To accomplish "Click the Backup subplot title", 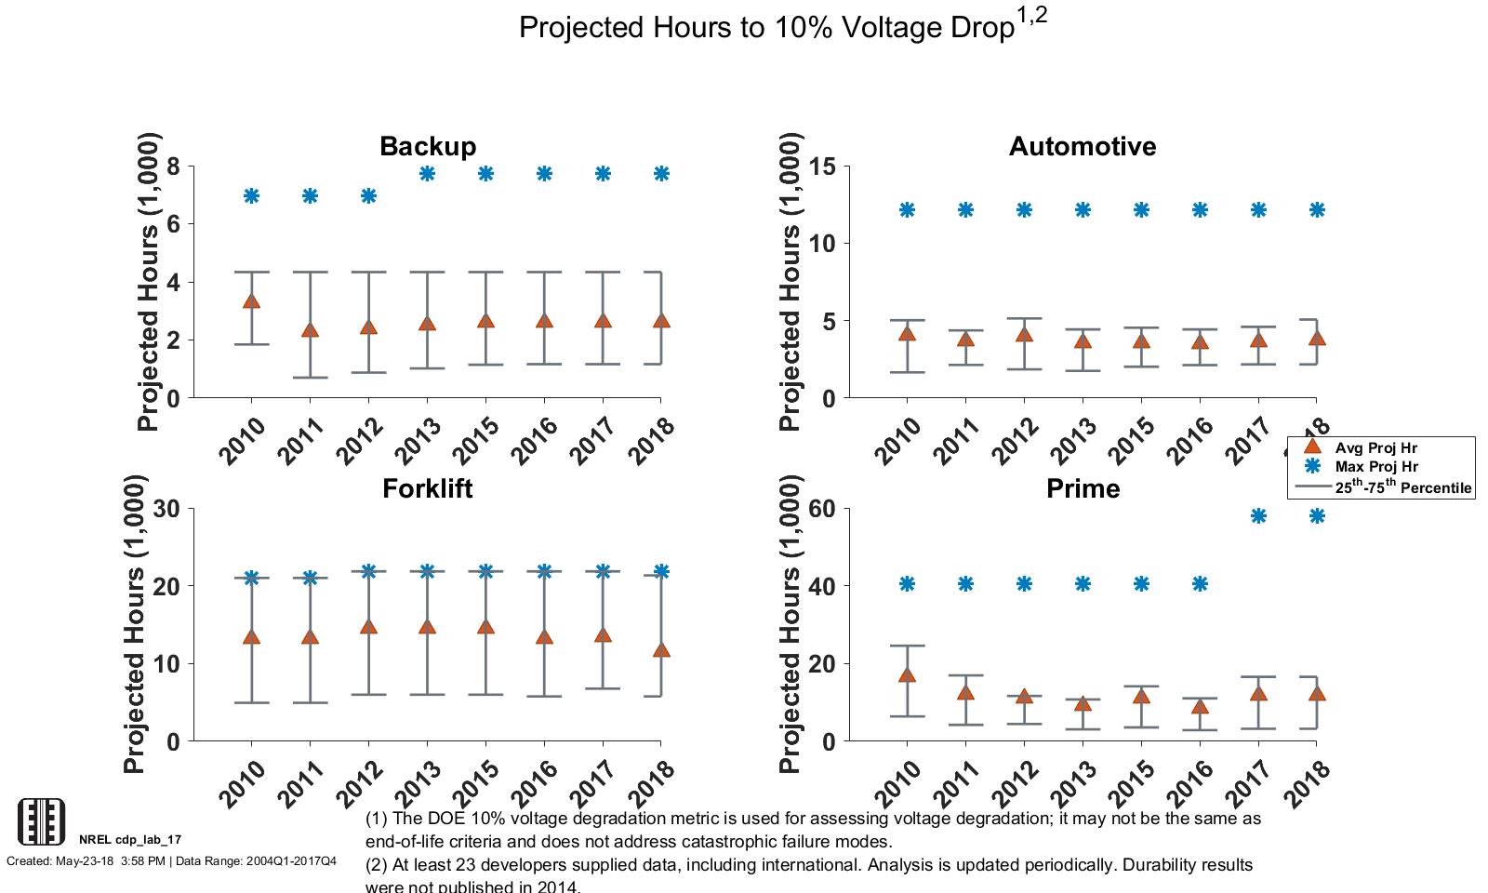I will tap(428, 147).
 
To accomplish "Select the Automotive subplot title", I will tap(1083, 147).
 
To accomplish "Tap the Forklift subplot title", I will tap(428, 489).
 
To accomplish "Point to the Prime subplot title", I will tap(1083, 489).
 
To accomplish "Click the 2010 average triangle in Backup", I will tap(251, 300).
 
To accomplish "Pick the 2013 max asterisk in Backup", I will tap(427, 174).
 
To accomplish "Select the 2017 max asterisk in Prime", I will tap(1258, 515).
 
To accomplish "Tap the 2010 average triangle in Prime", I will tap(907, 674).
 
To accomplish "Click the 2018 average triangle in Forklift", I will tap(661, 650).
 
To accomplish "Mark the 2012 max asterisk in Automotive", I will tap(1024, 210).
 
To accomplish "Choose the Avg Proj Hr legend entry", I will tap(1375, 447).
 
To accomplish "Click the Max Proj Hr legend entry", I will tap(1375, 467).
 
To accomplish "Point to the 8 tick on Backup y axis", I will tap(174, 167).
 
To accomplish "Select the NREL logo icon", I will tap(42, 821).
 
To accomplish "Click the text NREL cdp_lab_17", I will tap(130, 839).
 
